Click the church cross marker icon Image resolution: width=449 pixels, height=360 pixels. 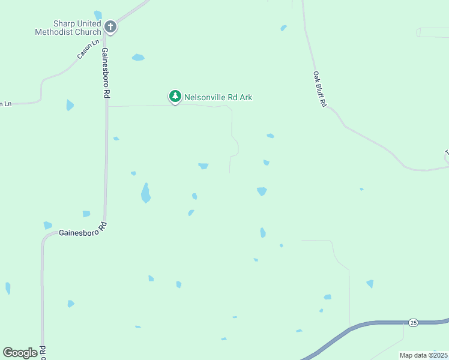110,26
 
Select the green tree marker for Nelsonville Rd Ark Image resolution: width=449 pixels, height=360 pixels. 175,96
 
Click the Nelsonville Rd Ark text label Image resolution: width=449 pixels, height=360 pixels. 218,97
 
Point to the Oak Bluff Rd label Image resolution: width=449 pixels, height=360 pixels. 319,89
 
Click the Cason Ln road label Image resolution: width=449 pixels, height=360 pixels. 88,49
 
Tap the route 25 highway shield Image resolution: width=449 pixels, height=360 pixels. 413,323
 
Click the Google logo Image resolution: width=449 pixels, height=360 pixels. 20,353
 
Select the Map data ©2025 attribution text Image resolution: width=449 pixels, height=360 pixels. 424,355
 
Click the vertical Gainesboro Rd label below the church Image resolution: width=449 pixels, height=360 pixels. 106,73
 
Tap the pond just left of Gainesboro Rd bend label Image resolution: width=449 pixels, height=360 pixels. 47,226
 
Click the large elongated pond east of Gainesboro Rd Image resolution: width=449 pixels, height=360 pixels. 145,194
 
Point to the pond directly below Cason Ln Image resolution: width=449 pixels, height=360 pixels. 70,106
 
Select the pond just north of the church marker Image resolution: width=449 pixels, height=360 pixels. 98,15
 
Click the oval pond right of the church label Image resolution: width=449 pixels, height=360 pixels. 138,58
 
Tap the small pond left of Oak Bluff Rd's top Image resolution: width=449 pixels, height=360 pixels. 283,28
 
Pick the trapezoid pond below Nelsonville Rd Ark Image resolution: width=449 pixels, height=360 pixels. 203,166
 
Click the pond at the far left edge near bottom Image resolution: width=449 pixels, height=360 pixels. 8,288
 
